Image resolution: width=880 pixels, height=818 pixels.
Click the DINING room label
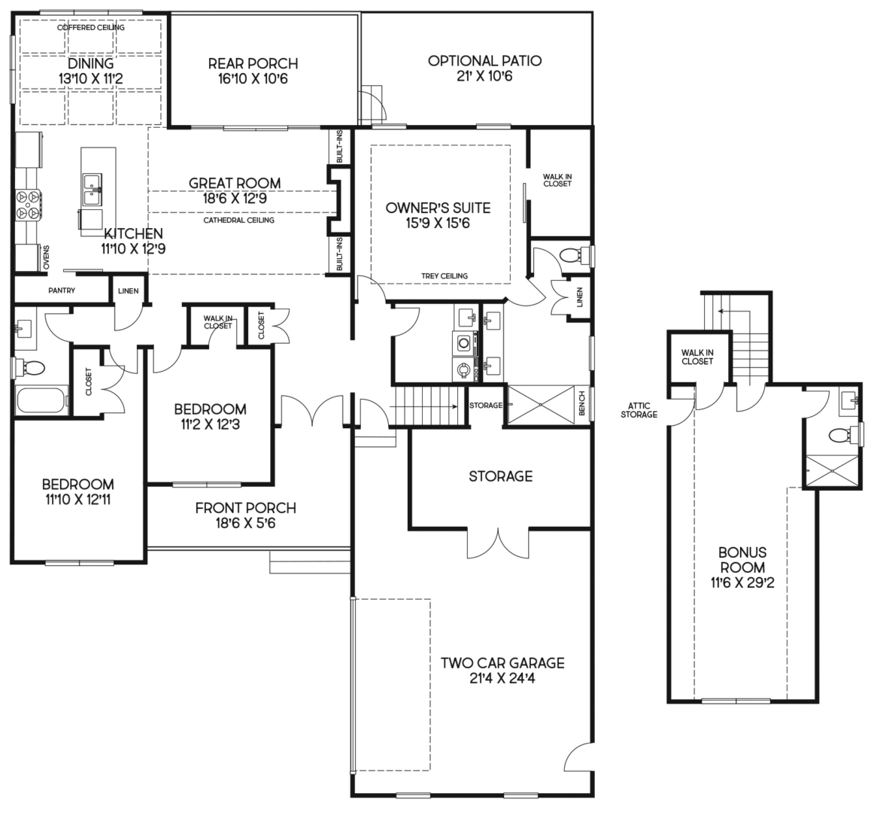90,64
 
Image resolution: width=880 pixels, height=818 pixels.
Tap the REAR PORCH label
253,64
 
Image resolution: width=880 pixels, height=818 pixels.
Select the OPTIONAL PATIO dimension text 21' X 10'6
484,76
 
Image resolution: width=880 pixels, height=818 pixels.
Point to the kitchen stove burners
29,203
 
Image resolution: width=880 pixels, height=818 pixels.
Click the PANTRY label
62,290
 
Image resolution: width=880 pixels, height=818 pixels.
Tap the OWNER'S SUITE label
438,208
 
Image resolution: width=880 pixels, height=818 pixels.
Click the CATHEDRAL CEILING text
238,220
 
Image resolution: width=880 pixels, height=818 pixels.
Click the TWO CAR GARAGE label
502,663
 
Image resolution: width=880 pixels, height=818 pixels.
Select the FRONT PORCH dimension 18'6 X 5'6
245,524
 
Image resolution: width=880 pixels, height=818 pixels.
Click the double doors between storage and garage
497,542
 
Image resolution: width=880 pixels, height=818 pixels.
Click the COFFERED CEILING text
91,28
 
